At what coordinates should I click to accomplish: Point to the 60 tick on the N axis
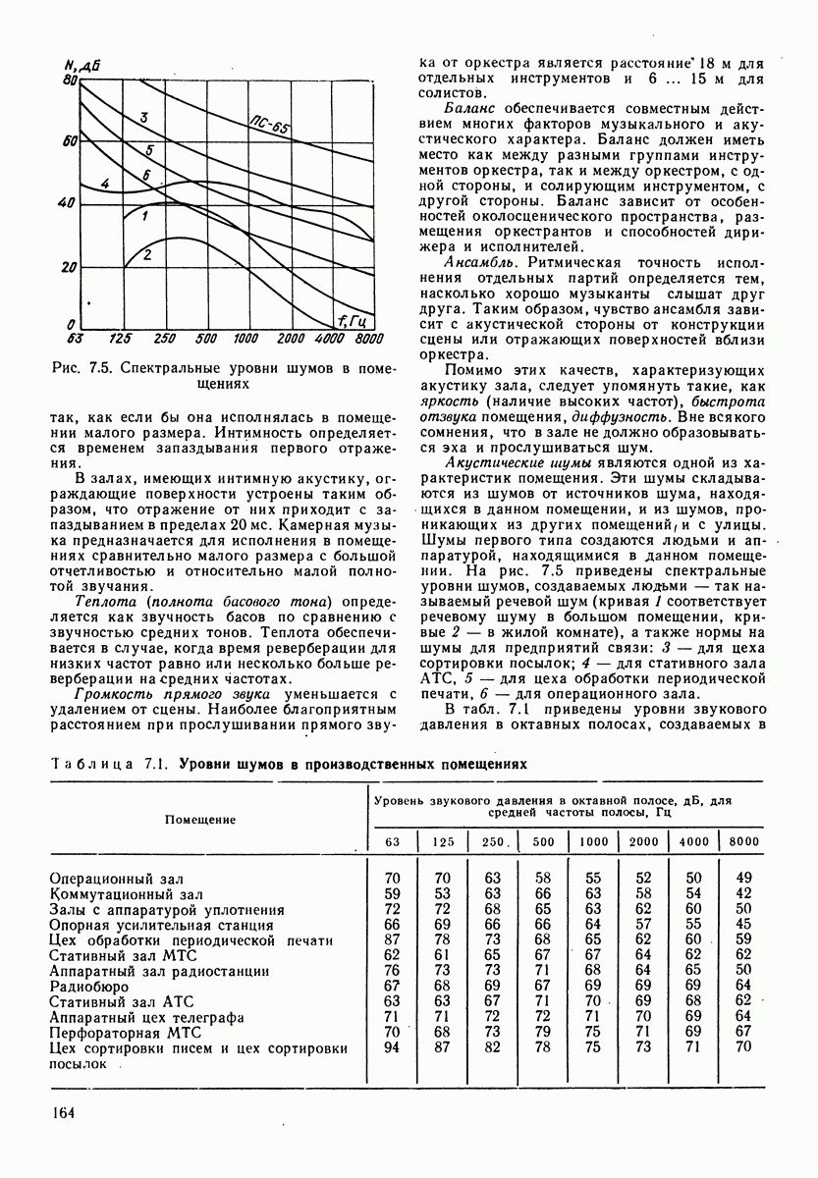pyautogui.click(x=70, y=142)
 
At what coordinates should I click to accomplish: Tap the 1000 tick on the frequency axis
pyautogui.click(x=245, y=339)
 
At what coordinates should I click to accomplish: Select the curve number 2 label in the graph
pyautogui.click(x=147, y=256)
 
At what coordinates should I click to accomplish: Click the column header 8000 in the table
pyautogui.click(x=744, y=841)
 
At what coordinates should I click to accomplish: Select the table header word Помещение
pyautogui.click(x=199, y=818)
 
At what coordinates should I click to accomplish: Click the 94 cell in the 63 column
pyautogui.click(x=392, y=1047)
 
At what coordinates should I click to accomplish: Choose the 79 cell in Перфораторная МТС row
pyautogui.click(x=542, y=1032)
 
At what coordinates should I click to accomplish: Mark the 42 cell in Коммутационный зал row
pyautogui.click(x=743, y=893)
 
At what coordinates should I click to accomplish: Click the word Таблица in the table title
pyautogui.click(x=85, y=763)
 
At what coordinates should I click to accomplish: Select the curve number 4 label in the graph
pyautogui.click(x=105, y=185)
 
